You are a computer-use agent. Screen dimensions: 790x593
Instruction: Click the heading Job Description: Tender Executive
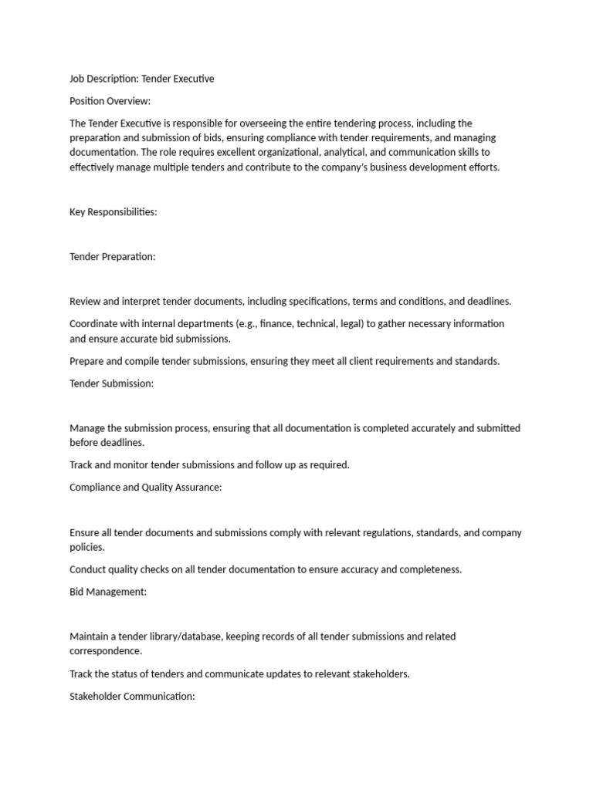141,79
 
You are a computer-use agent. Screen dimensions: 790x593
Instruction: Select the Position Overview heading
110,100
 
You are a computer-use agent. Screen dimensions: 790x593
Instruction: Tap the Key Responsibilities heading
114,212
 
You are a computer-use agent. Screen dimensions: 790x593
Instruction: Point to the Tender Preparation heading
113,257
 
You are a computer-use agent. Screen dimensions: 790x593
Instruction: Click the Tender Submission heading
111,383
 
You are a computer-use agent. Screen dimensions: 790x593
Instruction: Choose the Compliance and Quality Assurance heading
146,488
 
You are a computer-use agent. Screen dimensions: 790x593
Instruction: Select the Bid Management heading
108,592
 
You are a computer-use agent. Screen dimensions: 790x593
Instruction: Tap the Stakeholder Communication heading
132,696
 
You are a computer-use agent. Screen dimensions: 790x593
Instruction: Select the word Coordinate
94,323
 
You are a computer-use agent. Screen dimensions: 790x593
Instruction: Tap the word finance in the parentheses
275,323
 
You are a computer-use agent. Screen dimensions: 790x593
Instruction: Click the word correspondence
106,651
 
